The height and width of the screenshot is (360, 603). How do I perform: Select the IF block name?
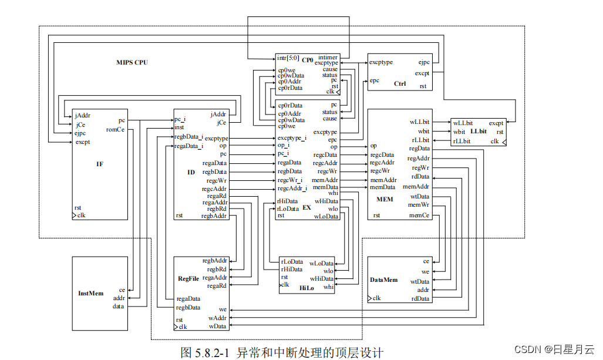[100, 164]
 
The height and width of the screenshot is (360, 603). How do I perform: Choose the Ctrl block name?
[400, 83]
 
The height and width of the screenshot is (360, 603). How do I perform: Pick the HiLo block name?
[307, 287]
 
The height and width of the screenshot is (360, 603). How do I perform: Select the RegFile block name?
[189, 278]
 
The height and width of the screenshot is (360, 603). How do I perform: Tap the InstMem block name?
[91, 293]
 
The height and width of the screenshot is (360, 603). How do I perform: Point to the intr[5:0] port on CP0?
[288, 58]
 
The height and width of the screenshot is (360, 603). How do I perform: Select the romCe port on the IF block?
[115, 129]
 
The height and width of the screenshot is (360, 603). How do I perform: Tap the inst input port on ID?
[180, 127]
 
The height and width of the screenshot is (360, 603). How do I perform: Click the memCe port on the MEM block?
[419, 215]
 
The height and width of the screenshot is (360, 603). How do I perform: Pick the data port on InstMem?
[119, 306]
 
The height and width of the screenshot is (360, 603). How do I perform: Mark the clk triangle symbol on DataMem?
[370, 299]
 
